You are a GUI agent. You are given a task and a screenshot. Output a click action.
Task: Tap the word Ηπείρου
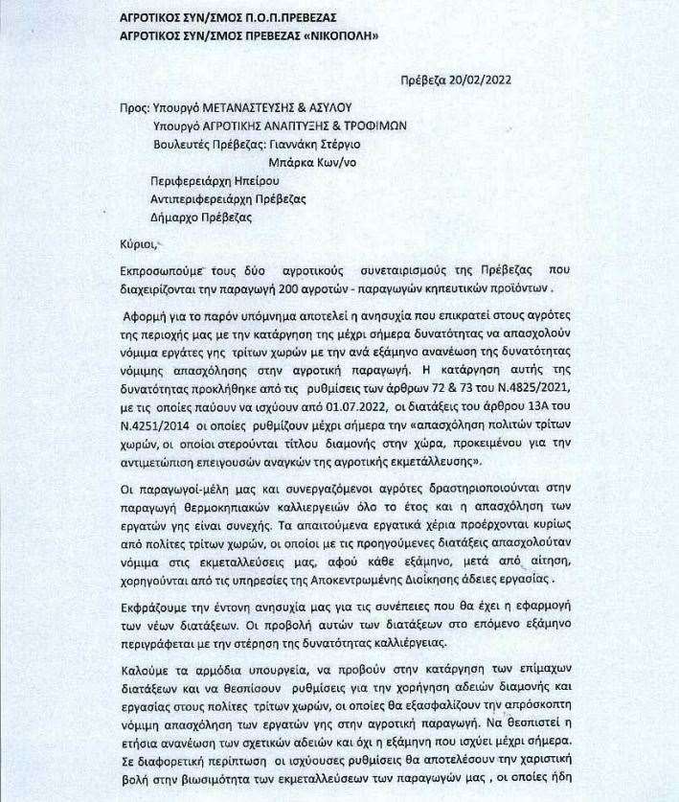pos(262,180)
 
